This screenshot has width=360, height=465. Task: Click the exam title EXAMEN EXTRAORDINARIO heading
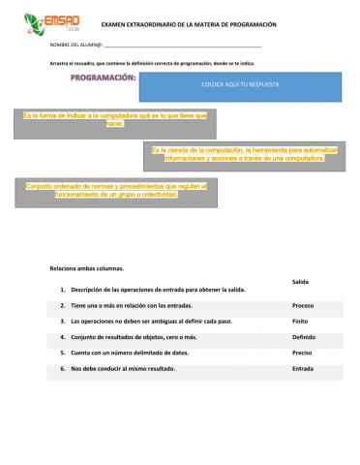[182, 23]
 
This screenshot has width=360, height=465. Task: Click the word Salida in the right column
[299, 281]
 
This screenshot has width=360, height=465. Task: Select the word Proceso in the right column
[302, 305]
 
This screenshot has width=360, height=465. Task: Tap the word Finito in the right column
[300, 321]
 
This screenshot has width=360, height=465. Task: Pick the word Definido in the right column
[303, 337]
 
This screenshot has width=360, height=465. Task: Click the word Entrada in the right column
[302, 369]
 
